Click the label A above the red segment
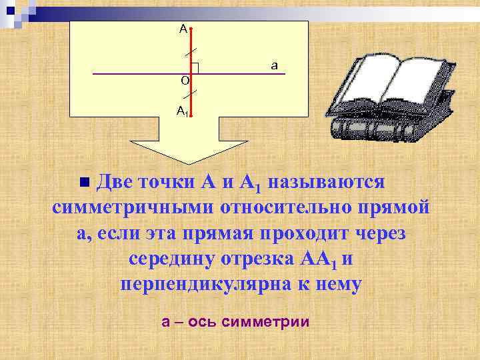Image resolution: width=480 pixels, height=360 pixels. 183,29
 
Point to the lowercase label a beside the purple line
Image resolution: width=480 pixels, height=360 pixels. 274,65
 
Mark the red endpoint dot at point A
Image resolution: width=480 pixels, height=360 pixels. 191,29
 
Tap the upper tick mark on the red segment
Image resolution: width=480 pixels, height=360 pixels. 191,52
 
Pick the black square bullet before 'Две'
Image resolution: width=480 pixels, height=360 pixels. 84,182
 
